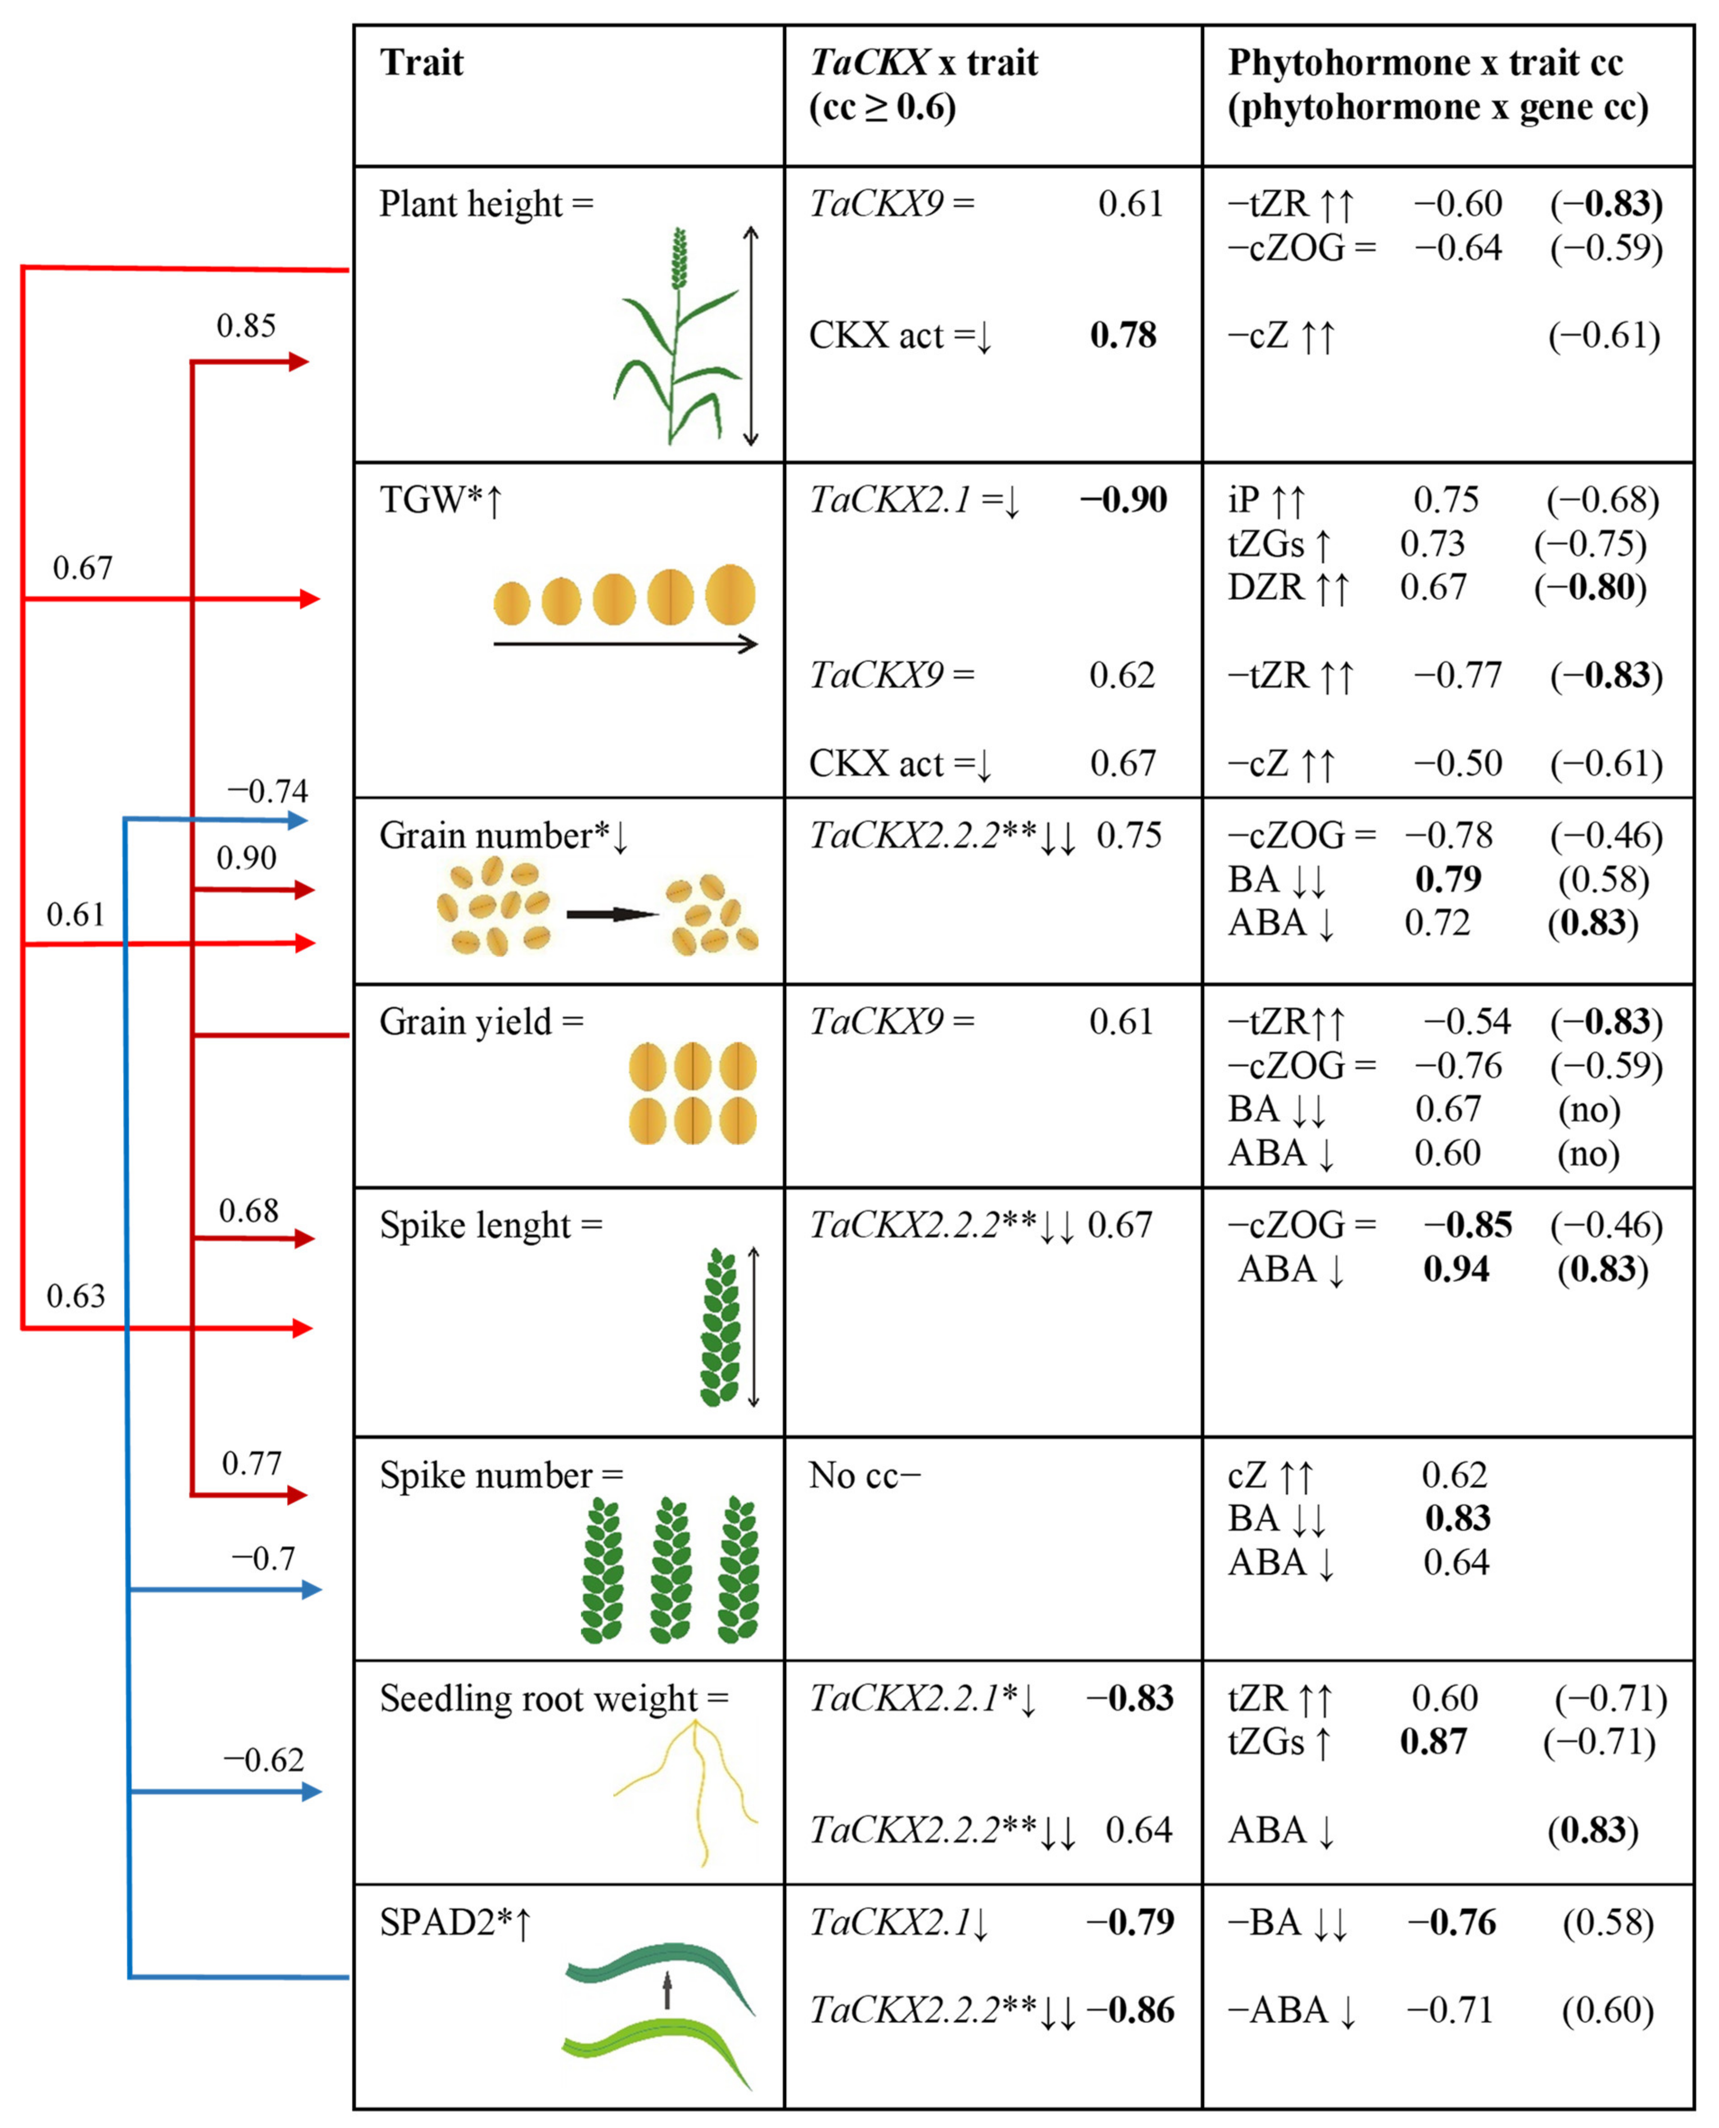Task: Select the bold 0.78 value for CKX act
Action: coord(1123,336)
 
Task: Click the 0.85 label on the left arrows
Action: coord(246,326)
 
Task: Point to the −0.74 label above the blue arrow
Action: coord(268,791)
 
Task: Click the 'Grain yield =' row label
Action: coord(481,1022)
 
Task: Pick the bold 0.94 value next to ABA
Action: coord(1456,1270)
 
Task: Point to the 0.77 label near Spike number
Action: coord(251,1464)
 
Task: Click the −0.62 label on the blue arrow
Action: coord(263,1760)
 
